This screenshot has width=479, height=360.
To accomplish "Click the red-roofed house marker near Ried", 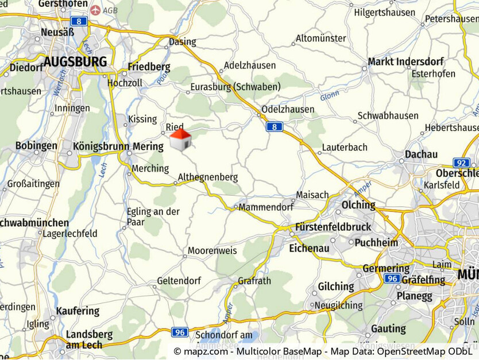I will (x=180, y=140).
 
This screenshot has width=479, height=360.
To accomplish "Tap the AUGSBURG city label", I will (x=75, y=62).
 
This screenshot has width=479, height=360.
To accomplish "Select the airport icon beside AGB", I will (x=95, y=10).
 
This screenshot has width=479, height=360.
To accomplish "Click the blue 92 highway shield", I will (x=461, y=163).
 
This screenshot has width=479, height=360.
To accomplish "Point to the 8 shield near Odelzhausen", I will (x=274, y=127).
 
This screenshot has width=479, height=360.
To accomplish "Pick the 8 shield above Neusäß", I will (x=80, y=21).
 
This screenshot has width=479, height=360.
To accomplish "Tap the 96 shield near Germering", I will (x=393, y=278).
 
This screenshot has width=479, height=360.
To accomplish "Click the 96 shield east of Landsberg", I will (x=180, y=332).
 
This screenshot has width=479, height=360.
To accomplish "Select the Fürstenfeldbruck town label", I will (x=333, y=227).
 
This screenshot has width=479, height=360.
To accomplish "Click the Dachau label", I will (x=421, y=154).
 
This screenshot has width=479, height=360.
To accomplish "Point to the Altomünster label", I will (x=320, y=39).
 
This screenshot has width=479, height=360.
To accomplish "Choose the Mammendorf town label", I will (x=266, y=207).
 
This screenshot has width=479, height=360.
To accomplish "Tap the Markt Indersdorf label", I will (x=397, y=61).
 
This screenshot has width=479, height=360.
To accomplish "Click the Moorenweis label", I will (x=212, y=250).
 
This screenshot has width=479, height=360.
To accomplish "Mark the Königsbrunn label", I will (x=101, y=146).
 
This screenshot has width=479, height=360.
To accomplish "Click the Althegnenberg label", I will (x=207, y=177).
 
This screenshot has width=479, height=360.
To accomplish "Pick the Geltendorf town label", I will (x=179, y=281).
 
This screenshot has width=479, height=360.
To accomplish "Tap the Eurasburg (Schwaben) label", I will (x=235, y=87).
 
